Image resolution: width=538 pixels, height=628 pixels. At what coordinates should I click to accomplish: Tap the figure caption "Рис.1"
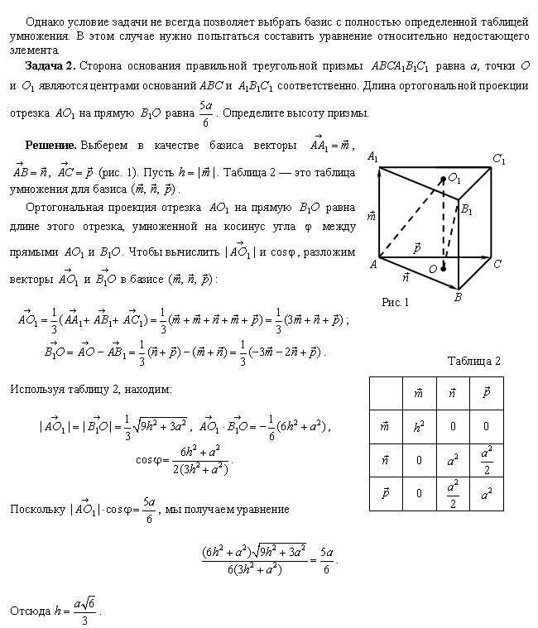pos(396,303)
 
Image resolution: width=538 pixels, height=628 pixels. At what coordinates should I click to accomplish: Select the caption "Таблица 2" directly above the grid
pos(474,361)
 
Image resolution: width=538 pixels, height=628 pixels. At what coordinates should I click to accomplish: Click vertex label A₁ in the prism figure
pos(372,157)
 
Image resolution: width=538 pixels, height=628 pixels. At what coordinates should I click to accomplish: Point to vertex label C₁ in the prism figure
pos(498,158)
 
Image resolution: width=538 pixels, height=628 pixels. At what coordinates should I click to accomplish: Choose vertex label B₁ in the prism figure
pos(468,209)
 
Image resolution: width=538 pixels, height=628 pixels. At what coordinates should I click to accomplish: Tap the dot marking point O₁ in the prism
pos(444,177)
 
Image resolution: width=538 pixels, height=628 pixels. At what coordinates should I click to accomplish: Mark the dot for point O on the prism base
pos(444,268)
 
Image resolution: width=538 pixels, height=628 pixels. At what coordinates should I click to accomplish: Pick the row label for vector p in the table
pos(386,494)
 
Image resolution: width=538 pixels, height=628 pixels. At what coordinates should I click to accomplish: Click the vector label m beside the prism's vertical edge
pos(371,217)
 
